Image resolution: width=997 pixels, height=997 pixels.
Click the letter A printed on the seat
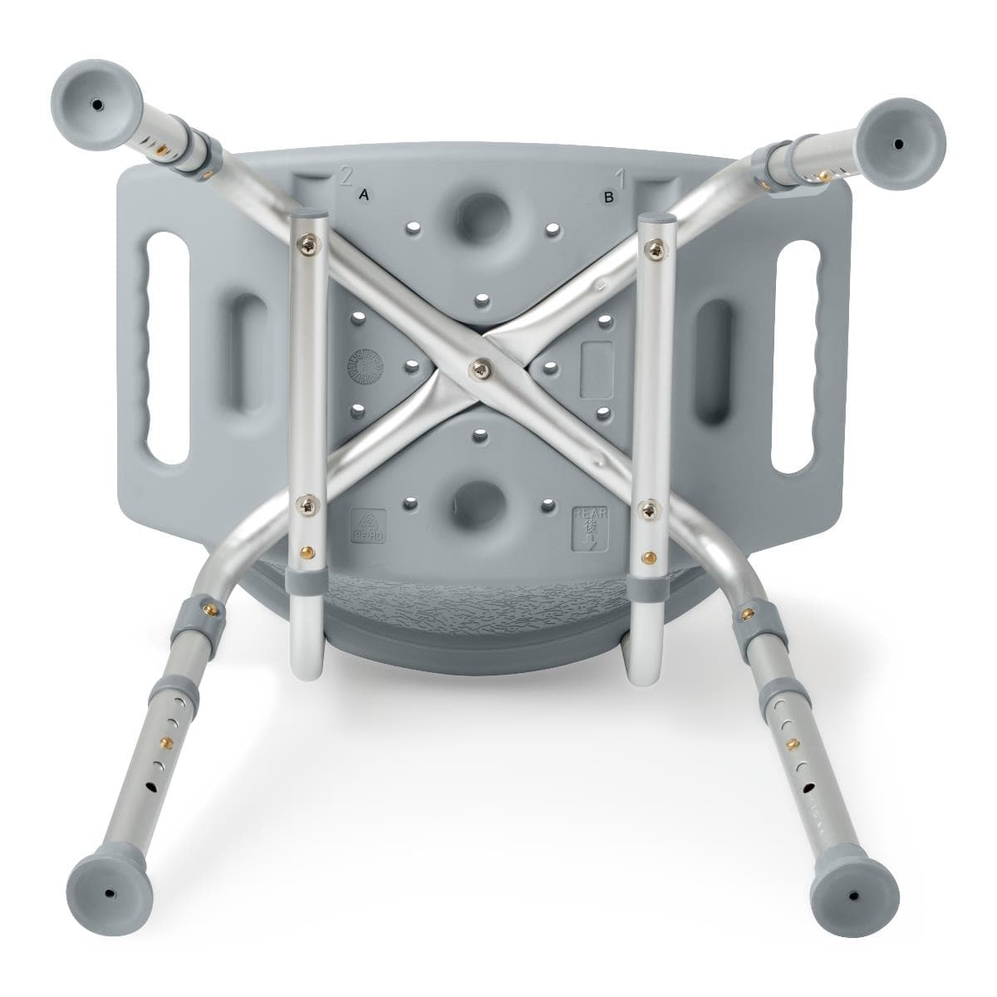tap(362, 195)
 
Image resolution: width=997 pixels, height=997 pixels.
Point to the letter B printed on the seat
tap(608, 198)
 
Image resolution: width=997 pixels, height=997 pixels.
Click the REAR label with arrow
tap(588, 528)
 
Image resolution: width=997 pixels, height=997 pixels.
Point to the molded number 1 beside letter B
tap(619, 177)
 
